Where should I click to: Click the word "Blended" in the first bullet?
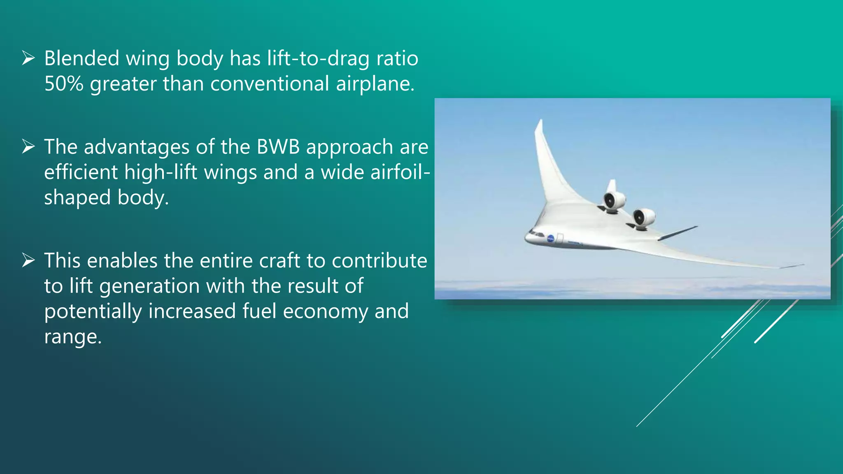click(82, 58)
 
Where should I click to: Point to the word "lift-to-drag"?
click(318, 58)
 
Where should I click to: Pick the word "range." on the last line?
click(73, 337)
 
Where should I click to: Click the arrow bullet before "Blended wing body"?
click(28, 58)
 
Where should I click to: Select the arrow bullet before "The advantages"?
click(28, 146)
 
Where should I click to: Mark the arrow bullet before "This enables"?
click(28, 260)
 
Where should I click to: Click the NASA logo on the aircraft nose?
click(550, 238)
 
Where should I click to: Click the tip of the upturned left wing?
click(540, 122)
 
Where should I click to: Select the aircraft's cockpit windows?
click(536, 233)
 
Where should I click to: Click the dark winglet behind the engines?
click(678, 233)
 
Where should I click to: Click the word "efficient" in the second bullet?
click(81, 172)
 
